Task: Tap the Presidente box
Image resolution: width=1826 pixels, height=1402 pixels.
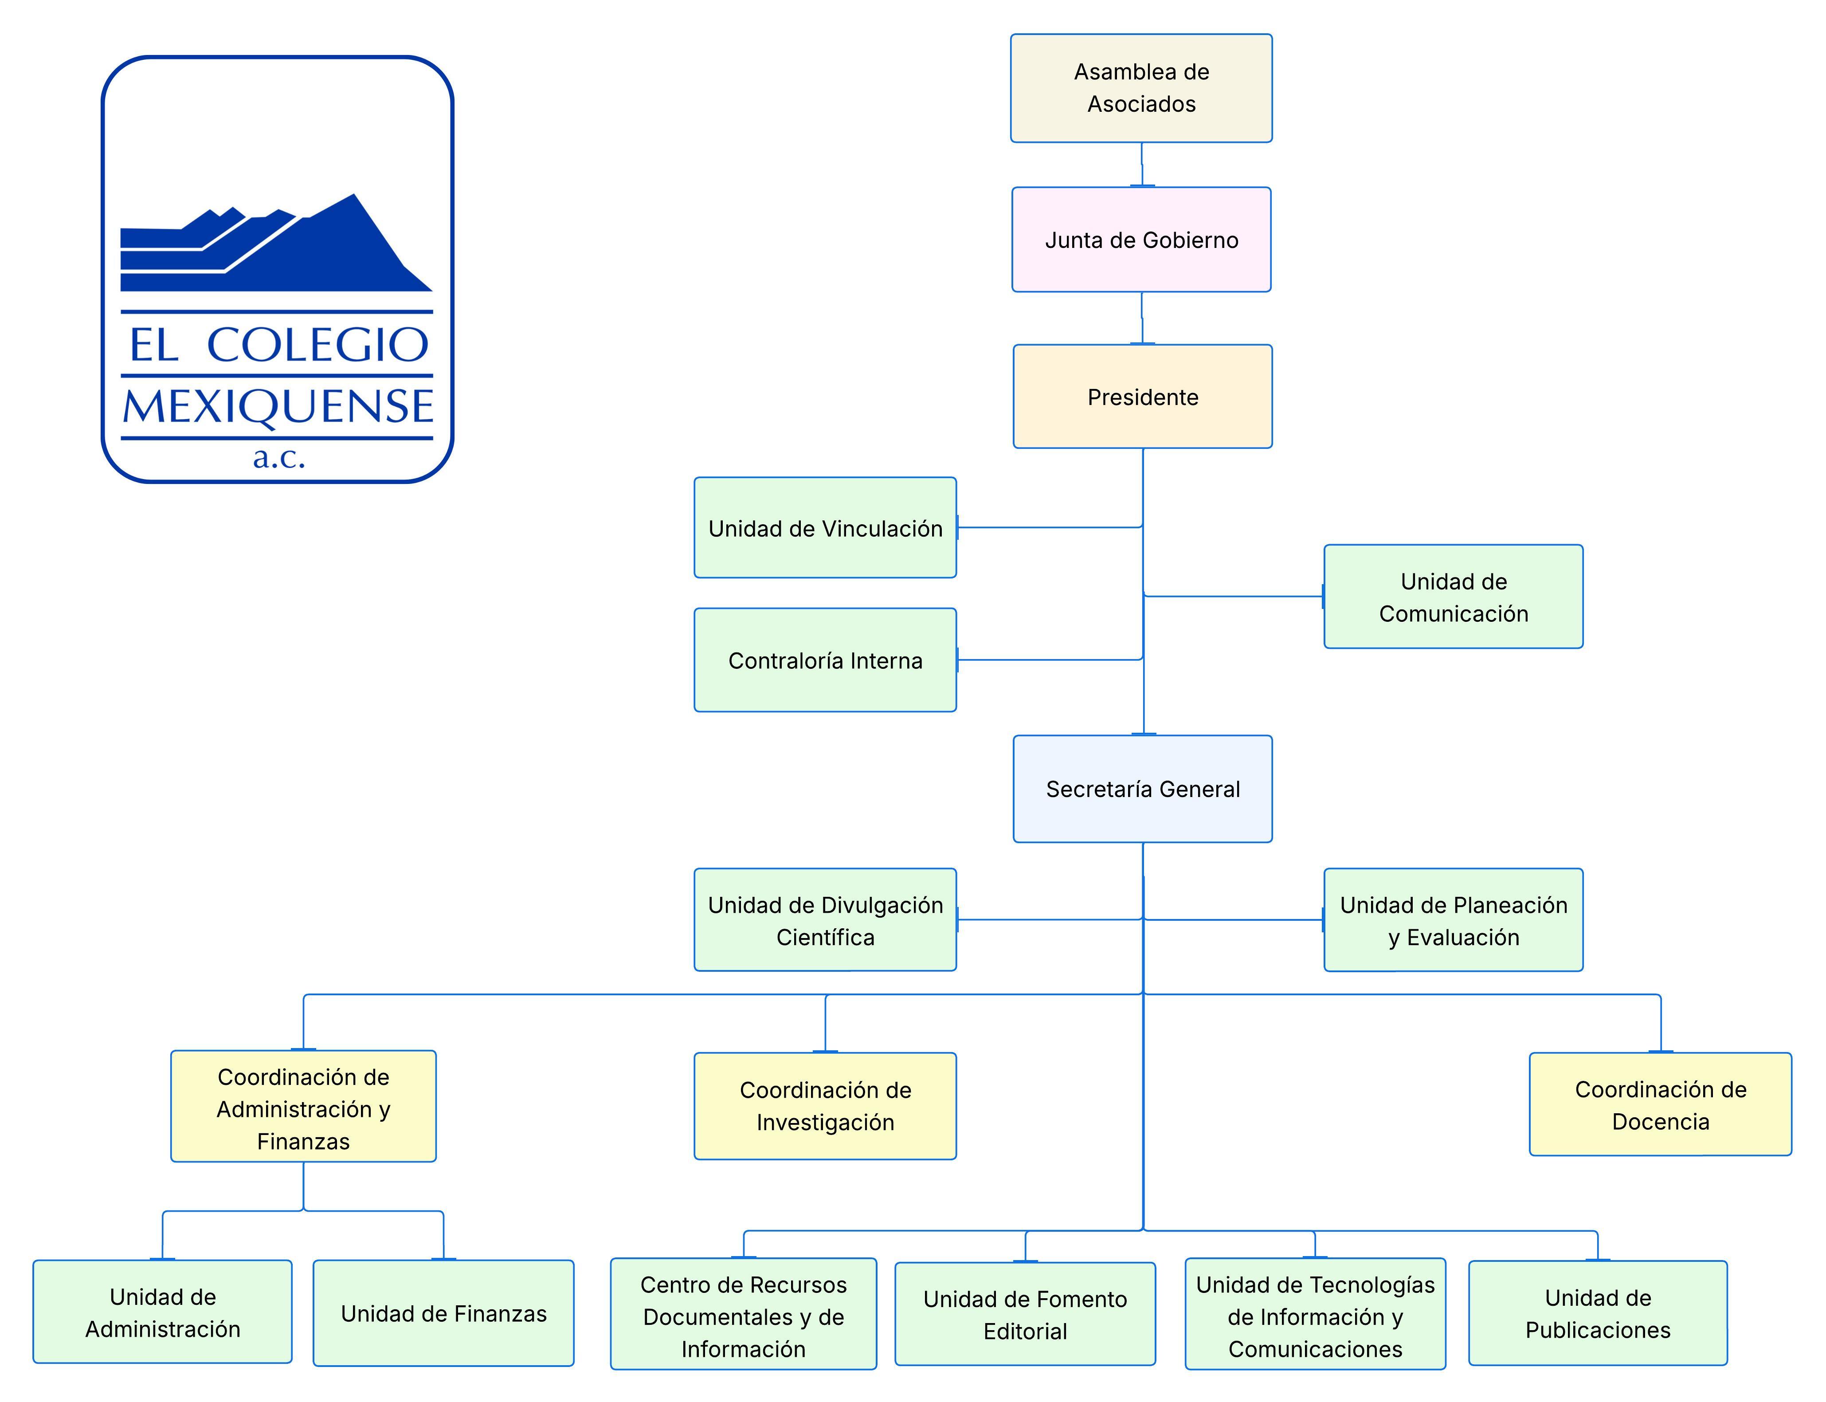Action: pyautogui.click(x=1142, y=397)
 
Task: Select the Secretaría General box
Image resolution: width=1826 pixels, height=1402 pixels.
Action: pyautogui.click(x=1142, y=789)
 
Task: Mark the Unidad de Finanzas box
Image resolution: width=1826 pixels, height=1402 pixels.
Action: pyautogui.click(x=443, y=1313)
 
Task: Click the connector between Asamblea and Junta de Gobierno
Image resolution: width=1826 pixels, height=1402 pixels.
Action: pyautogui.click(x=1141, y=165)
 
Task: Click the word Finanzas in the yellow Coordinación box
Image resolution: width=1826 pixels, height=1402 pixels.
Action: pyautogui.click(x=303, y=1141)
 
